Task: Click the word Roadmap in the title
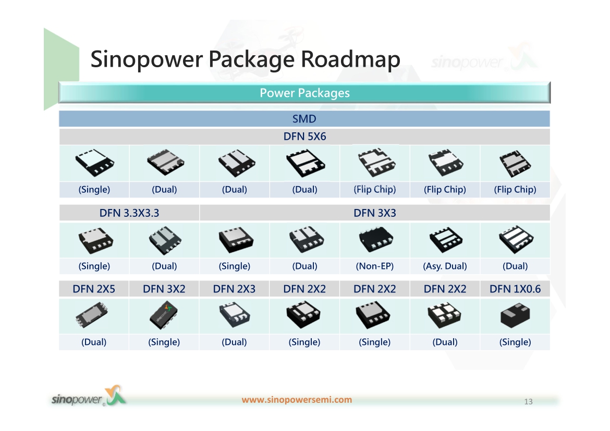click(x=350, y=59)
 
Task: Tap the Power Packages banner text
click(x=304, y=93)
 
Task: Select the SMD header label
click(x=304, y=119)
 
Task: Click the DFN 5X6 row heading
click(x=304, y=137)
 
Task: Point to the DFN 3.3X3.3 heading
click(x=129, y=213)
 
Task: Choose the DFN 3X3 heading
click(x=375, y=213)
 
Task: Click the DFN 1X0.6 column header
click(x=515, y=289)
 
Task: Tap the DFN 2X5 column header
click(x=94, y=289)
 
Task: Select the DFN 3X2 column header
click(x=164, y=289)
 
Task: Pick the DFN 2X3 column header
click(x=234, y=289)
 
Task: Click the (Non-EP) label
click(x=375, y=266)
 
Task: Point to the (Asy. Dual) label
click(x=445, y=266)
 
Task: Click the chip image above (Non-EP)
click(x=376, y=239)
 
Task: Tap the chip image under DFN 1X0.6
click(x=515, y=315)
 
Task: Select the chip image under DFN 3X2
click(x=164, y=315)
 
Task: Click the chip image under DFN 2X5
click(x=92, y=315)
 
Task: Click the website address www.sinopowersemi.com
click(x=297, y=400)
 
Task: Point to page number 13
click(x=528, y=401)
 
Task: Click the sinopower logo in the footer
click(x=89, y=396)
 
